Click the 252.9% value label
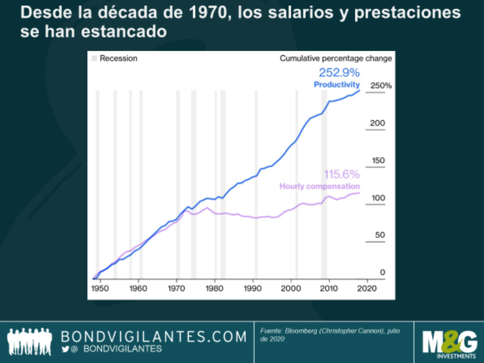pyautogui.click(x=339, y=73)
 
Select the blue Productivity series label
pyautogui.click(x=337, y=85)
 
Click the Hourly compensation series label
pyautogui.click(x=319, y=186)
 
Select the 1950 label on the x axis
pyautogui.click(x=100, y=288)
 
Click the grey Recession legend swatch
pyautogui.click(x=95, y=58)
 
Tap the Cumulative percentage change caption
pyautogui.click(x=336, y=58)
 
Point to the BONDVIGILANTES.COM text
pyautogui.click(x=154, y=337)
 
